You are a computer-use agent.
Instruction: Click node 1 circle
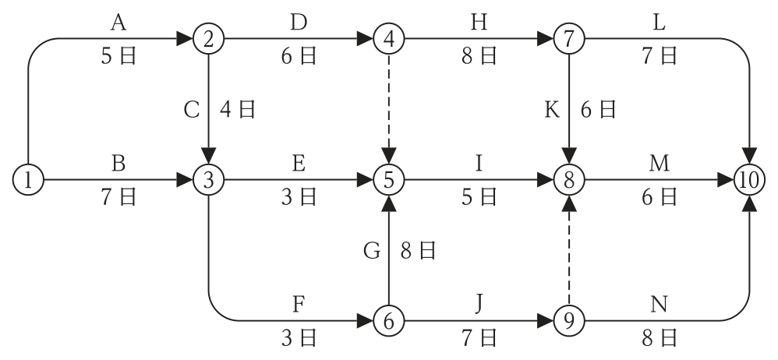[x=28, y=180]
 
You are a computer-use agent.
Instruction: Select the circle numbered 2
[x=208, y=39]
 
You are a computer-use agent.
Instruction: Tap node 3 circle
[x=208, y=180]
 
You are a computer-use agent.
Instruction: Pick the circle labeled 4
[x=389, y=39]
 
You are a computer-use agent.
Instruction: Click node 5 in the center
[x=389, y=180]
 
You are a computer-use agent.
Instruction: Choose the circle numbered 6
[x=389, y=321]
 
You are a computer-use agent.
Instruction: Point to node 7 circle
[x=569, y=39]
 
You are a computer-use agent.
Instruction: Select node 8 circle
[x=569, y=180]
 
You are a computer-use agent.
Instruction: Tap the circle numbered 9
[x=569, y=321]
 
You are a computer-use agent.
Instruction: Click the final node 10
[x=749, y=180]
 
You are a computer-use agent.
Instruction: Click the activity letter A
[x=118, y=23]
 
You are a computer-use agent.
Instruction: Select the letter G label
[x=372, y=251]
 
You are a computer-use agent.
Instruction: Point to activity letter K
[x=552, y=110]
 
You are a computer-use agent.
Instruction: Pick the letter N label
[x=659, y=304]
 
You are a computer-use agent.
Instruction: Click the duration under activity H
[x=479, y=55]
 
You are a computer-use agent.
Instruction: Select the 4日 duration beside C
[x=238, y=109]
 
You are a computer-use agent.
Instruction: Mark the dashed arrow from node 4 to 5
[x=389, y=109]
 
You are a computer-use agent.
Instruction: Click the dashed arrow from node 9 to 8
[x=569, y=250]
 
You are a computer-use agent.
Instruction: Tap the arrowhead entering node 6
[x=365, y=321]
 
